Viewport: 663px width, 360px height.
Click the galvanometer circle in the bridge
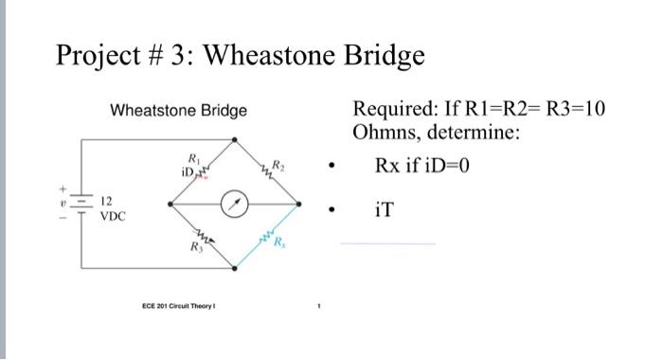pos(237,202)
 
